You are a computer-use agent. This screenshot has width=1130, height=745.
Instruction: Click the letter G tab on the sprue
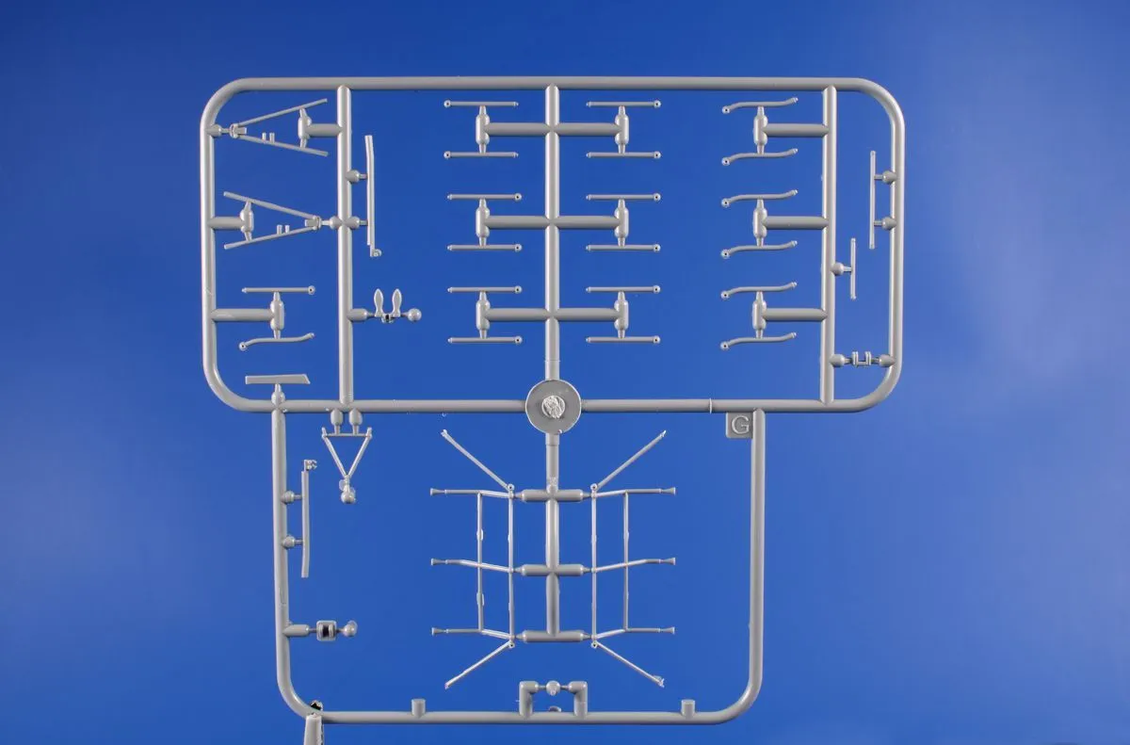pyautogui.click(x=739, y=426)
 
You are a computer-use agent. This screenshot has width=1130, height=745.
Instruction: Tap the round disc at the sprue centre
pyautogui.click(x=553, y=406)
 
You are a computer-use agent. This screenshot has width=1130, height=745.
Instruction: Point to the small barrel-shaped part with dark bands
pyautogui.click(x=325, y=629)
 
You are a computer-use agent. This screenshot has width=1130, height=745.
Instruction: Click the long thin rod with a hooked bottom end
pyautogui.click(x=372, y=196)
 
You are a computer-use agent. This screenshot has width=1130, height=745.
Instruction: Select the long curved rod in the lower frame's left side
pyautogui.click(x=306, y=520)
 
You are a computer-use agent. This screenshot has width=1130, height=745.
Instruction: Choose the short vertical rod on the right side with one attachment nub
pyautogui.click(x=852, y=268)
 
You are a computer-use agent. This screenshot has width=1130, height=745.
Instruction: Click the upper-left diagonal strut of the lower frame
pyautogui.click(x=476, y=460)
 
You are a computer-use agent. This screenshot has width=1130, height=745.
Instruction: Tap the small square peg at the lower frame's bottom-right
pyautogui.click(x=687, y=706)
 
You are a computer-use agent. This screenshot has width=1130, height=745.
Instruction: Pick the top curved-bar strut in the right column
pyautogui.click(x=760, y=130)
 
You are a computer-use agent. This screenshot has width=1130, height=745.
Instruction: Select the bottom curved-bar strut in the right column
pyautogui.click(x=758, y=315)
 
